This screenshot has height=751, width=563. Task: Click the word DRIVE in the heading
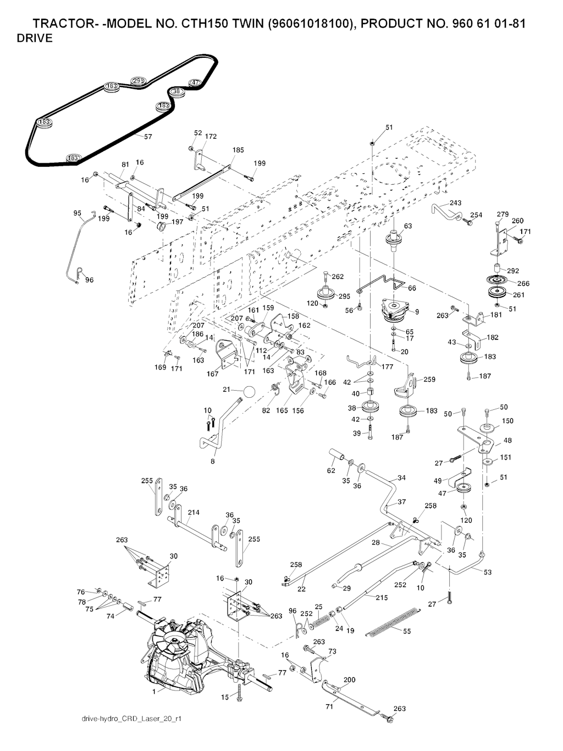pos(35,39)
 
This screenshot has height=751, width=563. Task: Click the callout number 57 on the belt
pos(148,136)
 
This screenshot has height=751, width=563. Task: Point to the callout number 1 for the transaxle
pos(154,692)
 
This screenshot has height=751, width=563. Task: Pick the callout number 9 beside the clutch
pos(417,311)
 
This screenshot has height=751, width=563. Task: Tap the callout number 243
pos(455,203)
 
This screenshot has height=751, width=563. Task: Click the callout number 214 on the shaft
pos(193,512)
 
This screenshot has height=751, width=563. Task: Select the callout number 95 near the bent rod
pos(78,213)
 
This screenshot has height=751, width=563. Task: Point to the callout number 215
pos(382,597)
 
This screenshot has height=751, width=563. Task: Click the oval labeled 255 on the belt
pos(139,81)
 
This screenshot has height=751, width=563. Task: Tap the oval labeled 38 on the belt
pos(176,91)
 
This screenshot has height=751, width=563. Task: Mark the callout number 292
pos(512,271)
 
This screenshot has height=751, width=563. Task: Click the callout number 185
pos(238,150)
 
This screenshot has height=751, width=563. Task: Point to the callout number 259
pos(429,380)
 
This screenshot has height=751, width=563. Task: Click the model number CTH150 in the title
pos(235,24)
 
